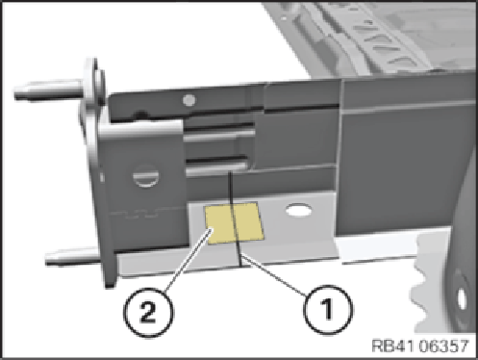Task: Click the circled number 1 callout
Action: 327,309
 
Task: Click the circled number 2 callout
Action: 148,312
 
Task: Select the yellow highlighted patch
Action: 235,223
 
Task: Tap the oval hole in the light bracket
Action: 298,211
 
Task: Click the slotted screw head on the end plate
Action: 146,176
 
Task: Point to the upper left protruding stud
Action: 48,90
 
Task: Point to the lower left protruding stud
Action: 73,257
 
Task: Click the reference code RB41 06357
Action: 420,347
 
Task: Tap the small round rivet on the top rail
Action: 189,100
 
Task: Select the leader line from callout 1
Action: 273,275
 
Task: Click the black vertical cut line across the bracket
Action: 235,219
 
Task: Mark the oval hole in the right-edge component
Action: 462,299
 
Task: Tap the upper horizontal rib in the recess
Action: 219,136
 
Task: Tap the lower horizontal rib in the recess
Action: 216,168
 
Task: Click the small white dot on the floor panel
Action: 284,18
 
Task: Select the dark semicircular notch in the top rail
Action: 140,115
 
